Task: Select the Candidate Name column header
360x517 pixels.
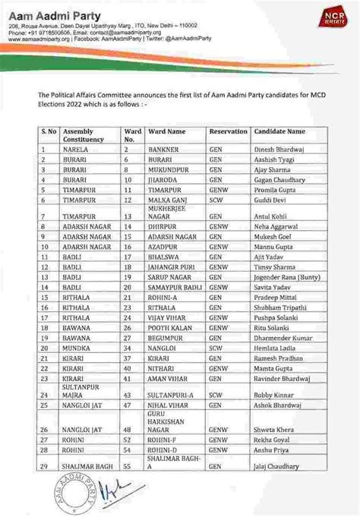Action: (280, 132)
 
